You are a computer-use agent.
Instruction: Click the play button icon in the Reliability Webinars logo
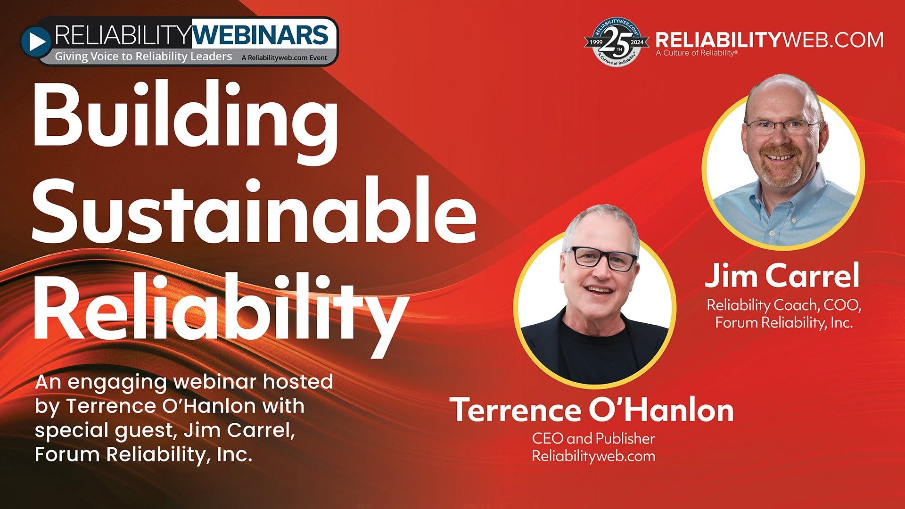[x=35, y=41]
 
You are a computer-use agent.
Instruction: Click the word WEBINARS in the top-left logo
[x=260, y=36]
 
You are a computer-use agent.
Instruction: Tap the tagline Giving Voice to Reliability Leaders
[x=143, y=57]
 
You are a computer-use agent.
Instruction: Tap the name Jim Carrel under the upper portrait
[x=782, y=276]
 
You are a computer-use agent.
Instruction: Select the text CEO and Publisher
[x=593, y=439]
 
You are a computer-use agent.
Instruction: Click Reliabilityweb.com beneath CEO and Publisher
[x=593, y=456]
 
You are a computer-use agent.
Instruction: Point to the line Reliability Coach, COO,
[x=783, y=305]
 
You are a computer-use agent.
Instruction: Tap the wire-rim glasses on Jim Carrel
[x=782, y=126]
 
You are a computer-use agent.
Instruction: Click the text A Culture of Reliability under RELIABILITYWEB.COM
[x=695, y=53]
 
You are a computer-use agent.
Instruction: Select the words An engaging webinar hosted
[x=184, y=382]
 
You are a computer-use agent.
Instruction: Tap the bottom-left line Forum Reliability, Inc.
[x=143, y=455]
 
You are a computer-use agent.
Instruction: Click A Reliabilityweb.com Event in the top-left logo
[x=284, y=58]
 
